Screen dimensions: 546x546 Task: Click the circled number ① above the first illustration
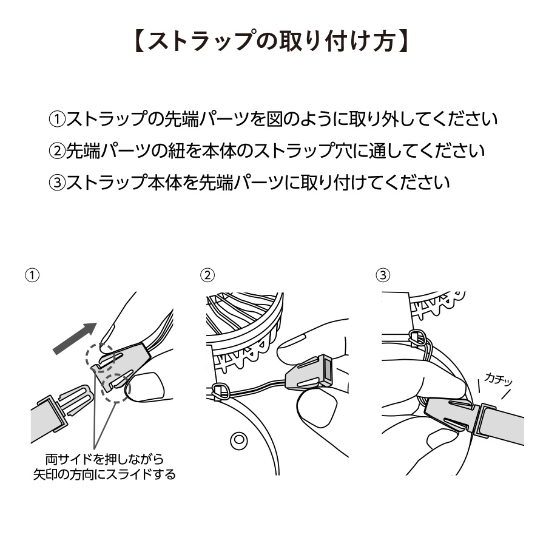[32, 275]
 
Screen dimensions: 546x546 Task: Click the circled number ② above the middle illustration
[207, 275]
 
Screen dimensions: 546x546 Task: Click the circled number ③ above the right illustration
[383, 275]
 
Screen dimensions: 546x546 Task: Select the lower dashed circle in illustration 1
[115, 388]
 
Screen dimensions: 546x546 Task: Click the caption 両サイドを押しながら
[104, 459]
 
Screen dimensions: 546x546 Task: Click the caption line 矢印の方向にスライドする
[104, 474]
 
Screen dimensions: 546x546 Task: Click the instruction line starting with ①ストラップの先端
[272, 118]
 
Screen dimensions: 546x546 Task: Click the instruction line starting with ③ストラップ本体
[249, 181]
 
